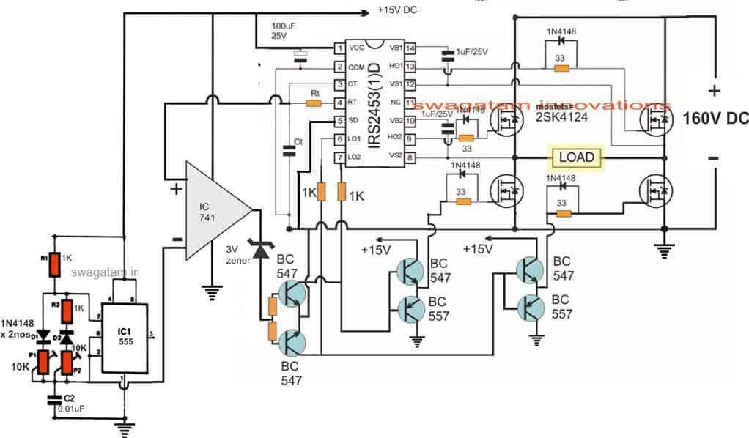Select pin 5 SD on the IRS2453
click(x=339, y=121)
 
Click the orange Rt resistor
click(x=313, y=103)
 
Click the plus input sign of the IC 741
click(x=176, y=188)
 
